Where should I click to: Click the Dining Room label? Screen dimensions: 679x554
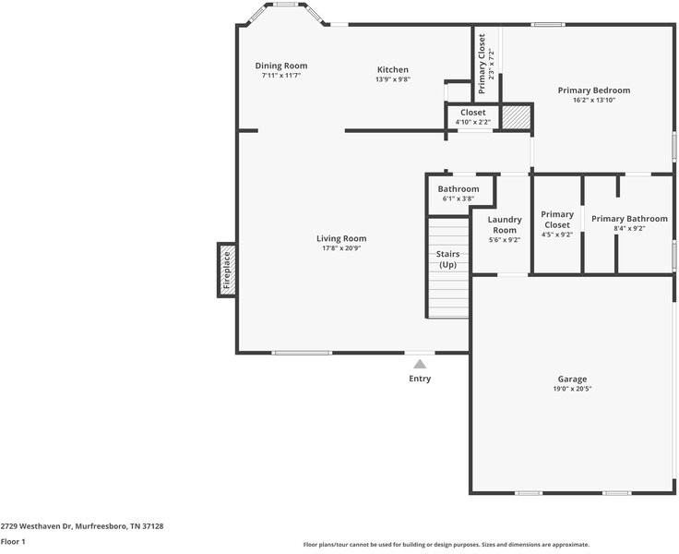coord(281,66)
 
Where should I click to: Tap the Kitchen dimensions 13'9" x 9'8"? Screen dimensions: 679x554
coord(393,79)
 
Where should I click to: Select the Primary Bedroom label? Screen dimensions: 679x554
coord(594,90)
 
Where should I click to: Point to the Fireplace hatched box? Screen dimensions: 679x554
coord(227,270)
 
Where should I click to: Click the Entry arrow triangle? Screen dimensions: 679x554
coord(420,364)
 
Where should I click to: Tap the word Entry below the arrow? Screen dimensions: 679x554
coord(420,379)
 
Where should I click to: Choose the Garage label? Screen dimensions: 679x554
coord(572,379)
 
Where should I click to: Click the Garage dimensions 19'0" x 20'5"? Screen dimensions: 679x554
coord(572,389)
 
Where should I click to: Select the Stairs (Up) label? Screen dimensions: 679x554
coord(447,259)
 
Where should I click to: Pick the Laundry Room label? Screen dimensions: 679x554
coord(505,225)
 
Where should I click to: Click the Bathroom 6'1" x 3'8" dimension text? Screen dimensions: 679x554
coord(459,199)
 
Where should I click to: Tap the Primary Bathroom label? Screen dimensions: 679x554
coord(629,219)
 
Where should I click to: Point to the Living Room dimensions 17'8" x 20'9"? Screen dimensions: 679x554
coord(341,248)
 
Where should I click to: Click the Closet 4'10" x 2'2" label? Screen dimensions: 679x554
coord(473,117)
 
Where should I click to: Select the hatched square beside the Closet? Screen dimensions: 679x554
coord(517,117)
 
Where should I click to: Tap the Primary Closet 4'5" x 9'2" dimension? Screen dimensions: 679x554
coord(557,235)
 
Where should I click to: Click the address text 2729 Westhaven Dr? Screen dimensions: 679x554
coord(35,526)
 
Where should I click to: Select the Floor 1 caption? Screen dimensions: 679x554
coord(13,541)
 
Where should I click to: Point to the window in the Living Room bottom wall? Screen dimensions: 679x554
coord(302,353)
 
